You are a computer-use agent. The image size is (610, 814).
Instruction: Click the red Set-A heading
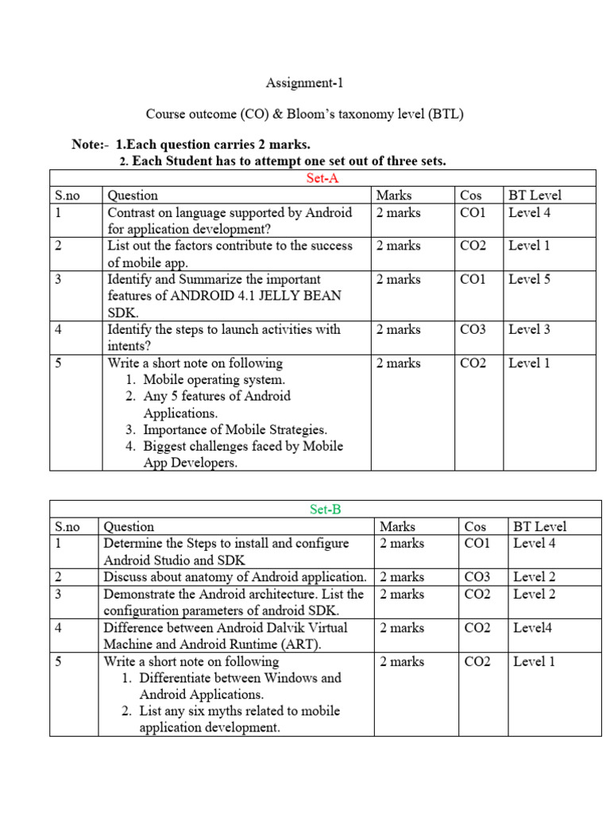(x=322, y=178)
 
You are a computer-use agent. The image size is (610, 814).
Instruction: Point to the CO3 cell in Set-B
(x=477, y=577)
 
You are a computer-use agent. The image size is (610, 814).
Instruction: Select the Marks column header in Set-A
(x=394, y=195)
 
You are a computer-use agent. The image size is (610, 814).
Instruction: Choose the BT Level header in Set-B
(x=540, y=526)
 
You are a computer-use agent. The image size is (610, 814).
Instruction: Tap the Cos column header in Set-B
(x=475, y=526)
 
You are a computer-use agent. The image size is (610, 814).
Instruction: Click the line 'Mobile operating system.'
(x=214, y=380)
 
